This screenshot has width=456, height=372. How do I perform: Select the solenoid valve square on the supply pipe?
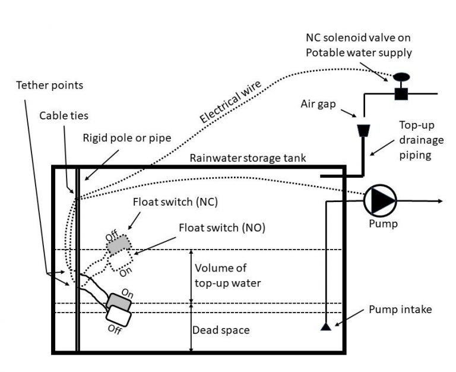[x=401, y=93]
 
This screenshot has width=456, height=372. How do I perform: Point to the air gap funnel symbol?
[x=362, y=130]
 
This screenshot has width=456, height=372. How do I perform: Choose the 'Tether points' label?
[x=49, y=85]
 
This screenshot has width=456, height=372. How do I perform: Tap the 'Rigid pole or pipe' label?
[x=127, y=138]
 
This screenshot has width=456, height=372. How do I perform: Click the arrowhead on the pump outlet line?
[x=439, y=201]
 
